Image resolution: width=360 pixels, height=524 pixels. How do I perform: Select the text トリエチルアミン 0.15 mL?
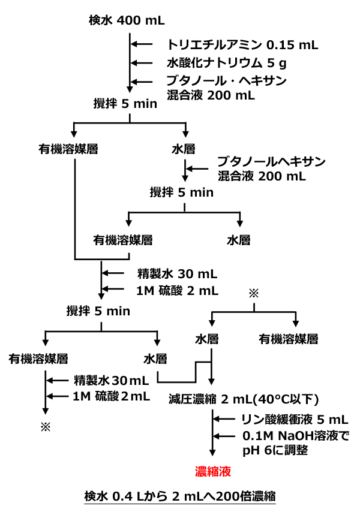click(x=242, y=44)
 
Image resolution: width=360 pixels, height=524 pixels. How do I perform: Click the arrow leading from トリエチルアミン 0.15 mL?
click(x=143, y=44)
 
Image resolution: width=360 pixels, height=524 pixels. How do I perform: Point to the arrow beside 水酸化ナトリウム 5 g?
click(x=143, y=62)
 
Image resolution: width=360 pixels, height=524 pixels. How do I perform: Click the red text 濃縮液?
click(x=213, y=471)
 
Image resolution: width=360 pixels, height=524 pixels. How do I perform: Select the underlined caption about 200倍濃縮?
click(x=180, y=497)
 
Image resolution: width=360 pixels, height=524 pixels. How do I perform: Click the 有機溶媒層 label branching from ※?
click(x=289, y=339)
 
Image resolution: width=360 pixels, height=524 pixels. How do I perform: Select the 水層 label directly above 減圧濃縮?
click(x=207, y=339)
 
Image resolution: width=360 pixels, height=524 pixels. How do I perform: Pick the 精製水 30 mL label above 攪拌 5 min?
click(x=177, y=275)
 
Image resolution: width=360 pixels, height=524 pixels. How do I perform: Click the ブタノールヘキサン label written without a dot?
click(x=271, y=162)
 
